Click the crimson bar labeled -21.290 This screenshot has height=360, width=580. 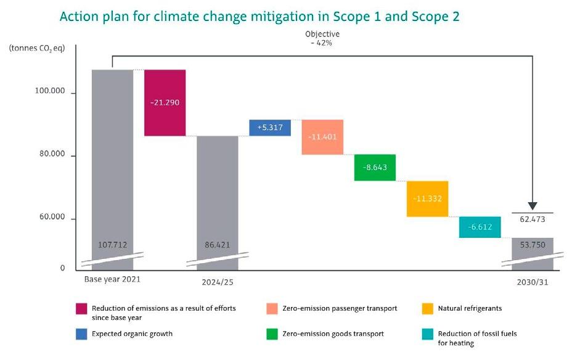pos(165,102)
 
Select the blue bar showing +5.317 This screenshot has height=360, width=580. pos(269,128)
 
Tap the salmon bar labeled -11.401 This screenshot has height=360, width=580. pos(322,137)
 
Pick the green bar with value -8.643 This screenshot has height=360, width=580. pos(375,167)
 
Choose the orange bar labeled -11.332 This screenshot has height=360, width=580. pos(427,198)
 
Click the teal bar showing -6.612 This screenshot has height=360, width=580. pos(480,227)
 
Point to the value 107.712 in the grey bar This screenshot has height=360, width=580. pos(112,245)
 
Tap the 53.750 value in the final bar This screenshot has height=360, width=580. pos(532,245)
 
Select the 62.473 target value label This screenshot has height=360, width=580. pos(532,219)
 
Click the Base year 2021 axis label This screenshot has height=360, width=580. pos(112,279)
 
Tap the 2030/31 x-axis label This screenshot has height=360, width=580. pos(533,283)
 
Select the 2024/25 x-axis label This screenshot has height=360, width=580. pos(218,283)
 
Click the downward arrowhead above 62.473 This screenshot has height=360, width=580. pos(533,205)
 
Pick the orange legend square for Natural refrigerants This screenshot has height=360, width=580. pos(428,308)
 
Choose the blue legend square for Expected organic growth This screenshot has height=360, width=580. pos(80,333)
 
